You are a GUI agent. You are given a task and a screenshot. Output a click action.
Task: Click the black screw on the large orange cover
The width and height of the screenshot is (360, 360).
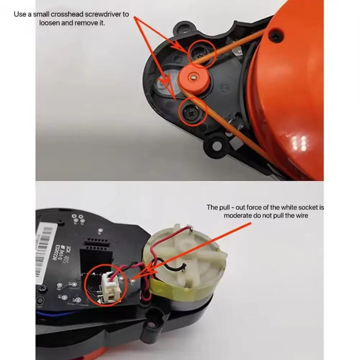tap(275, 35)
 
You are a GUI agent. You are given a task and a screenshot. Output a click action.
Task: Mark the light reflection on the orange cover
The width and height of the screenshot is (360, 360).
tap(299, 143)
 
